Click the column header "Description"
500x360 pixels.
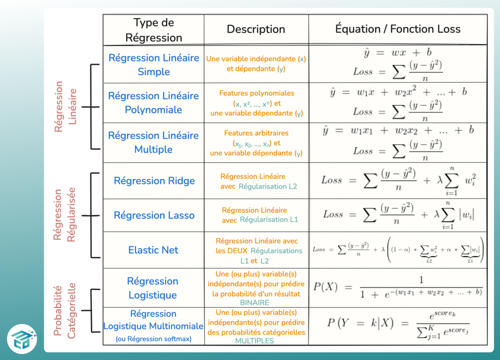tap(256, 29)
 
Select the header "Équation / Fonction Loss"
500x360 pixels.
tap(397, 29)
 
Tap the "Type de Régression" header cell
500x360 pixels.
tap(154, 30)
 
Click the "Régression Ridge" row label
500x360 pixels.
tap(154, 181)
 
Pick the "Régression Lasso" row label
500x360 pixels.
tap(154, 215)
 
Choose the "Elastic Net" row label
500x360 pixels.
tap(153, 250)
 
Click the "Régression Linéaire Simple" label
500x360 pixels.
tap(154, 65)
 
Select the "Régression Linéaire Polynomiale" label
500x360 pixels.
tap(153, 103)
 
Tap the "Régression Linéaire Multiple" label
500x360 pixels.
tap(153, 142)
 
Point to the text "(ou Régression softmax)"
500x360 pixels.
tap(153, 339)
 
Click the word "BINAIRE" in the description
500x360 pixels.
tap(254, 302)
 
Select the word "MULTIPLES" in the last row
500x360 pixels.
tap(254, 341)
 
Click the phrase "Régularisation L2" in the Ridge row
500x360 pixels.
tap(268, 186)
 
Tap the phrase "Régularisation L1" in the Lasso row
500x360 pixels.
tap(269, 219)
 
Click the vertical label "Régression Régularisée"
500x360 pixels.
tap(64, 215)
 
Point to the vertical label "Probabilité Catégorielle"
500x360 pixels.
tap(64, 311)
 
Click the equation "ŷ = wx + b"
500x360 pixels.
tap(398, 52)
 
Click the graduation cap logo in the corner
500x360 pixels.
tap(22, 339)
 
